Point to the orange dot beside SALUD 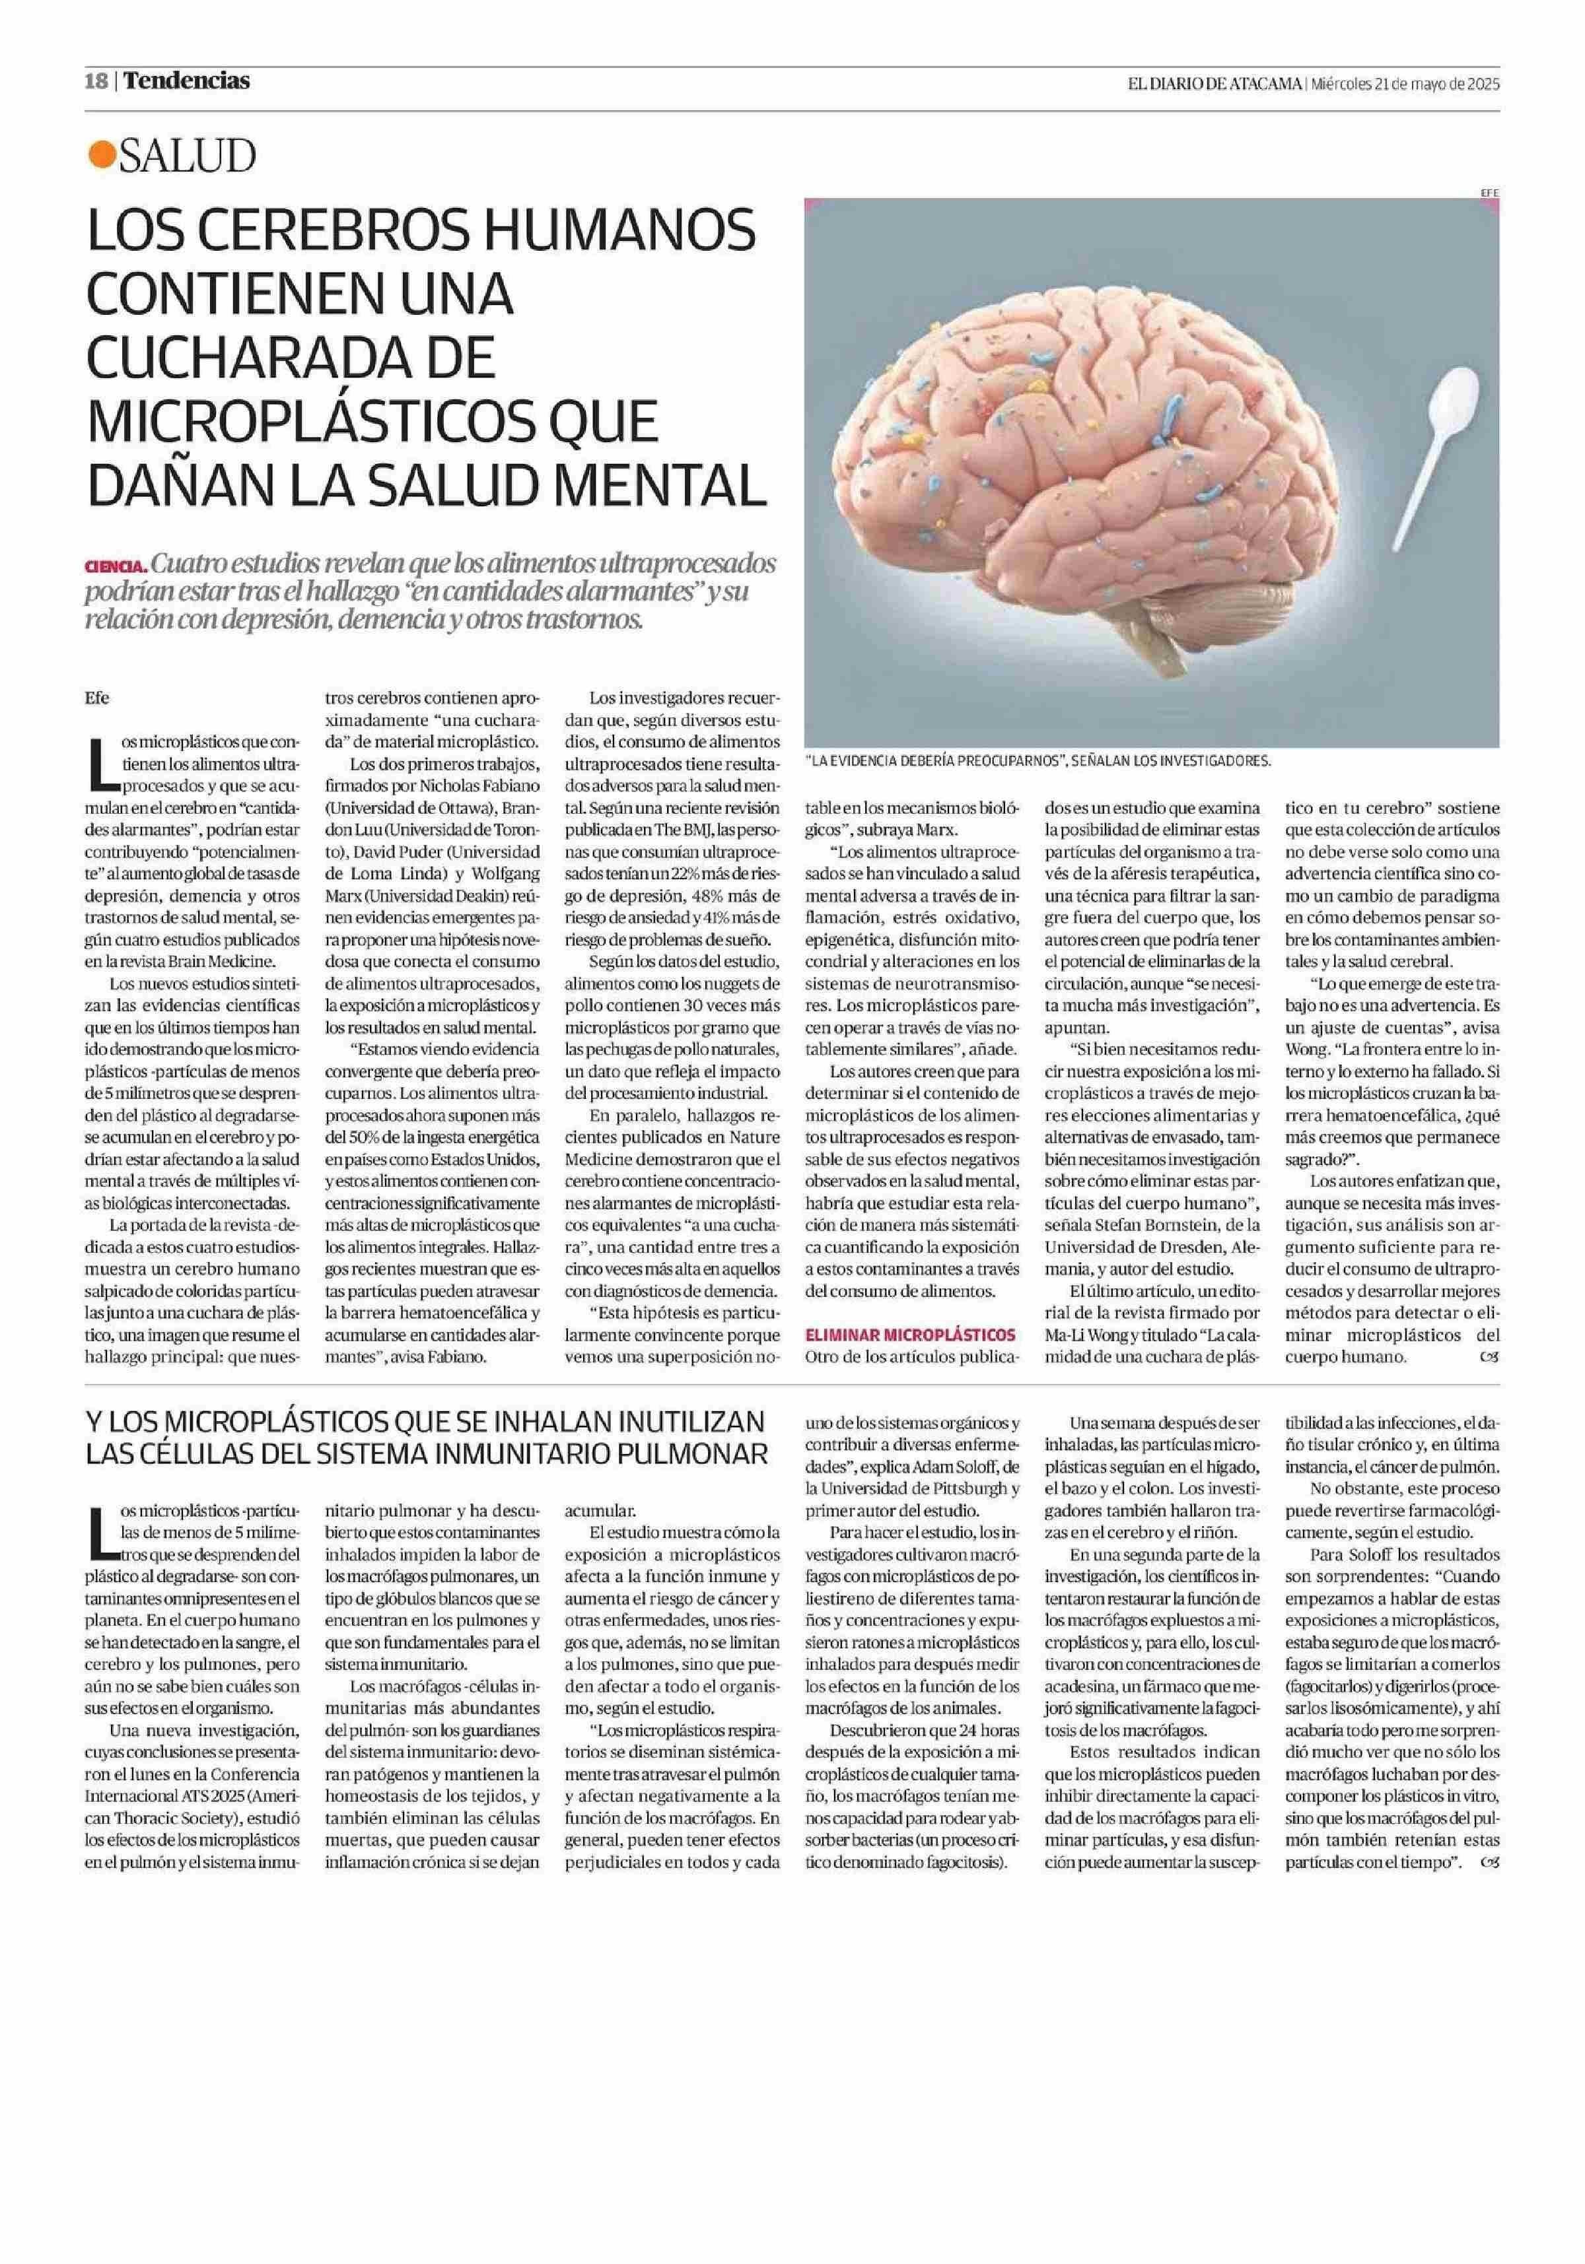pyautogui.click(x=100, y=156)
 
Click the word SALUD pyautogui.click(x=188, y=156)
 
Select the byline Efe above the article pyautogui.click(x=98, y=698)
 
